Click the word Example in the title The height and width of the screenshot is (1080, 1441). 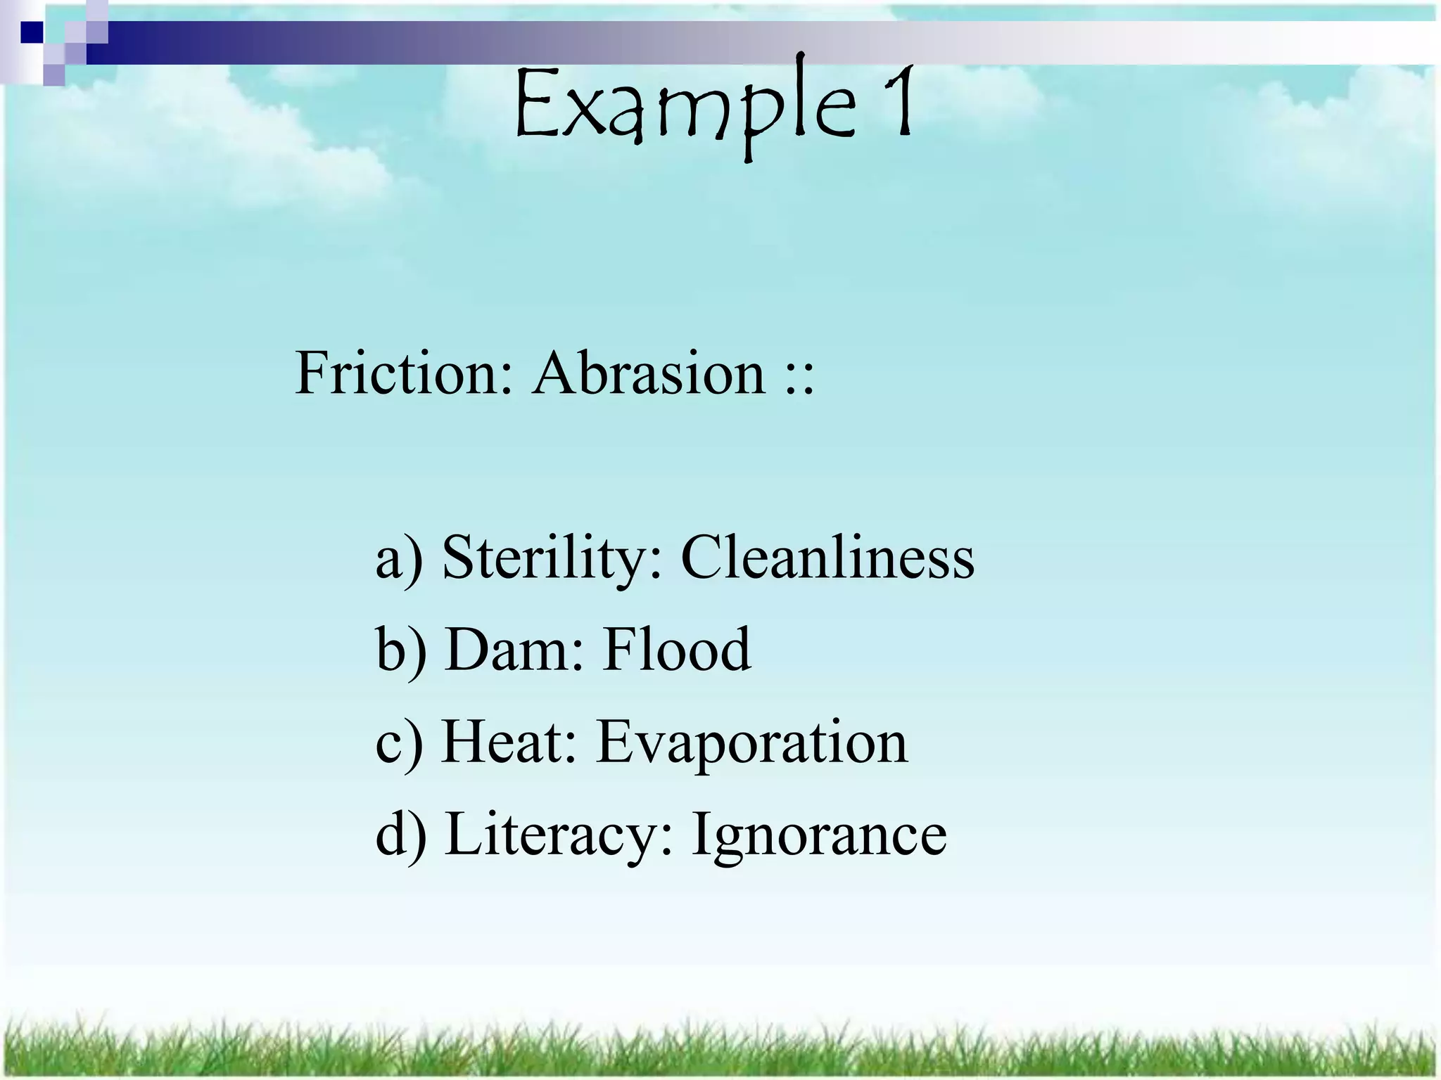[686, 105]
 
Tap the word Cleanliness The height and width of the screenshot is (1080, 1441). [827, 558]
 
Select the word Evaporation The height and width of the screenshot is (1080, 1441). [752, 744]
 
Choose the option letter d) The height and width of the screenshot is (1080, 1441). [400, 835]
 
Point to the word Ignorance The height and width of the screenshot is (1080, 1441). [819, 837]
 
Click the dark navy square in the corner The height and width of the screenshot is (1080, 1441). [32, 32]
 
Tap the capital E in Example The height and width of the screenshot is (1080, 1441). [535, 105]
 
